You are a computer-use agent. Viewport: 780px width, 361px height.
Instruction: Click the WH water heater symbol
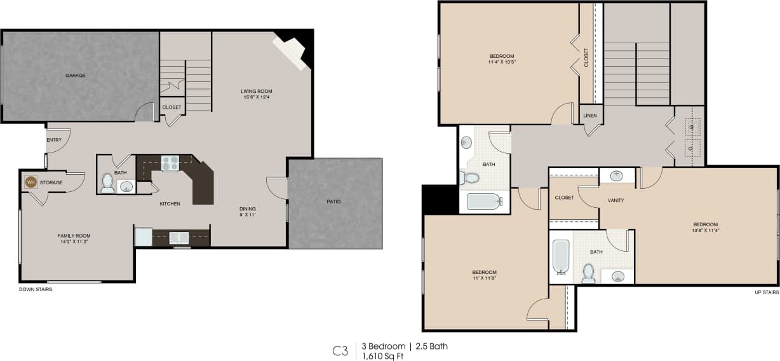(30, 182)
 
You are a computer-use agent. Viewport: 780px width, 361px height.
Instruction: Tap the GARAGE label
(75, 76)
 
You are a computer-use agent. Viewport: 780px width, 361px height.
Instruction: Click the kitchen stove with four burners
(170, 163)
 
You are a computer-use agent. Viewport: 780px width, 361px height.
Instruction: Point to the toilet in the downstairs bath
(107, 184)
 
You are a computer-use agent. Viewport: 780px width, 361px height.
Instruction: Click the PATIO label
(333, 201)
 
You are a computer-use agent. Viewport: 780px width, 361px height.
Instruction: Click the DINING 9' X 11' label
(247, 212)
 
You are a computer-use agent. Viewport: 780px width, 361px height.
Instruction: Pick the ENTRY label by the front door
(54, 140)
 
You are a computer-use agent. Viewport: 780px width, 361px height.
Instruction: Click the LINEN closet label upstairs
(590, 116)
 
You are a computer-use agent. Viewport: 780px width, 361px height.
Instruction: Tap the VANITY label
(615, 200)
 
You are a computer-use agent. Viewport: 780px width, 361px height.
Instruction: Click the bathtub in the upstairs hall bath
(485, 201)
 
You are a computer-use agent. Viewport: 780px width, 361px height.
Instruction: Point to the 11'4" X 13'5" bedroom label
(501, 59)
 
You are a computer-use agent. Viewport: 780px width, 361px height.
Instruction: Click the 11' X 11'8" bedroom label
(484, 275)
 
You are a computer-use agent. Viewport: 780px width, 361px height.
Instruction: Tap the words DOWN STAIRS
(36, 289)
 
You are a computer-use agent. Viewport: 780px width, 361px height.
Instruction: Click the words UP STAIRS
(766, 292)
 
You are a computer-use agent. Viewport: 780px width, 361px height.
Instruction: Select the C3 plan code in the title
(340, 351)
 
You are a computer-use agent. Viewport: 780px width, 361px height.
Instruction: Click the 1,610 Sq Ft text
(382, 356)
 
